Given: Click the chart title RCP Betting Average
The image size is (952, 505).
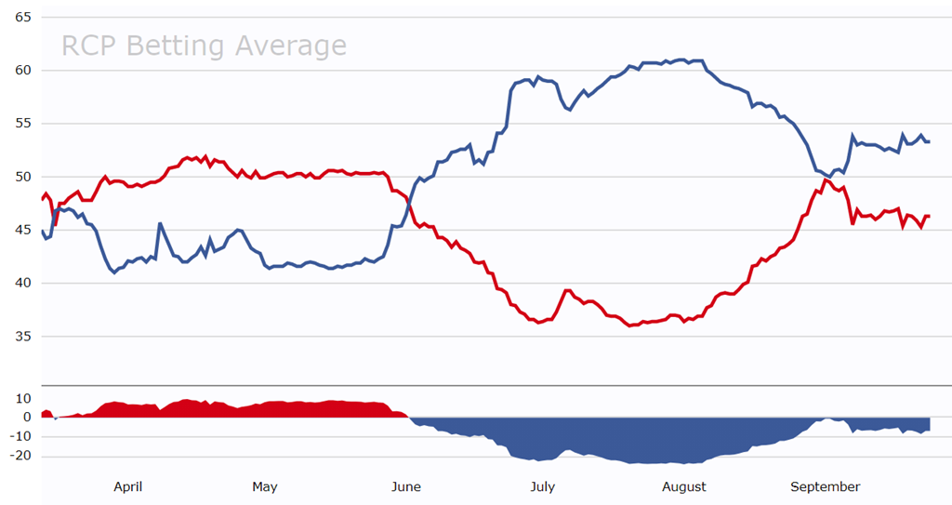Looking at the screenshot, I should coord(204,46).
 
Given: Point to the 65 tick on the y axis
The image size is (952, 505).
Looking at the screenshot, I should coord(23,18).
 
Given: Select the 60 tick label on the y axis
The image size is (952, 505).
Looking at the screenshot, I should coord(23,71).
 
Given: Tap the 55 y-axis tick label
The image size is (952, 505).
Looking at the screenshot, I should coord(23,124).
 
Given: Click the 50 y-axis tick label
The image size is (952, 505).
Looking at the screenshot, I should coord(23,177).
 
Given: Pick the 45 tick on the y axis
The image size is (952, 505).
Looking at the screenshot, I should coord(23,231).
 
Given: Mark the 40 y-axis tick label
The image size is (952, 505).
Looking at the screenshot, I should coord(23,284).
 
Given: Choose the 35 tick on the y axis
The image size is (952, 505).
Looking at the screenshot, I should coord(23,337).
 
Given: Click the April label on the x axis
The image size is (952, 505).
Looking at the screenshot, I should coord(127,486).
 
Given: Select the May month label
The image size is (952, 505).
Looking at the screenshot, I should coord(265,486).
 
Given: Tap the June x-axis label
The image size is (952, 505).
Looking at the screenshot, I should coord(406,486).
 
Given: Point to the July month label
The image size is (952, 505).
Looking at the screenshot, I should coord(542,486).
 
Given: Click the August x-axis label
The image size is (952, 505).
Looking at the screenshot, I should coord(684,486).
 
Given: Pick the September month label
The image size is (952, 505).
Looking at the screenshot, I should coord(825,486).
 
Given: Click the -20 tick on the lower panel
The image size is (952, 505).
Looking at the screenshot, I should coord(20,457).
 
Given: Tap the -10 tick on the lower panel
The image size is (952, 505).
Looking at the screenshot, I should coord(20,437).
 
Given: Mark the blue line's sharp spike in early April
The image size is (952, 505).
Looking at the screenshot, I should coord(160,223).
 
